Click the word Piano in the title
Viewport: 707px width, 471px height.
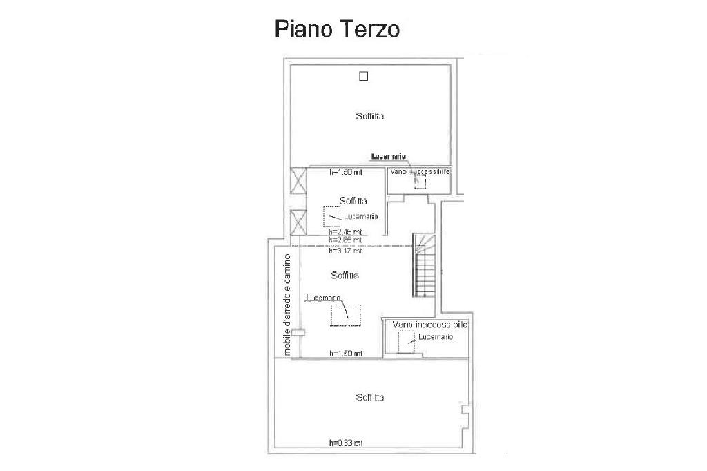click(x=302, y=30)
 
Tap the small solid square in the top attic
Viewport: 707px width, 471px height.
click(x=364, y=76)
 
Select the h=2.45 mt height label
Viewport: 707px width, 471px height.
click(x=346, y=231)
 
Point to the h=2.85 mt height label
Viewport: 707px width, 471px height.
click(x=346, y=240)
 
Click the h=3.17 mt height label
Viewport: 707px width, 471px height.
click(x=346, y=251)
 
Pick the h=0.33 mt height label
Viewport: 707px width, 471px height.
click(x=346, y=443)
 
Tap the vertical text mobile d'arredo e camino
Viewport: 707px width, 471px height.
click(x=287, y=303)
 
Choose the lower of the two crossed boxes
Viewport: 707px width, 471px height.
click(x=298, y=223)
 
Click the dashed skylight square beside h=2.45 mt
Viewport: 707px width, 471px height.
click(x=332, y=216)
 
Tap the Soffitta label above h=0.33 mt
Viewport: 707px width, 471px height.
click(x=370, y=397)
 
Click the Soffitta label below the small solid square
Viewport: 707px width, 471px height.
click(x=370, y=116)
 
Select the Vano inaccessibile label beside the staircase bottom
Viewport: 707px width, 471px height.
click(x=430, y=324)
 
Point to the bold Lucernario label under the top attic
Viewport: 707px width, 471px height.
click(x=388, y=157)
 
